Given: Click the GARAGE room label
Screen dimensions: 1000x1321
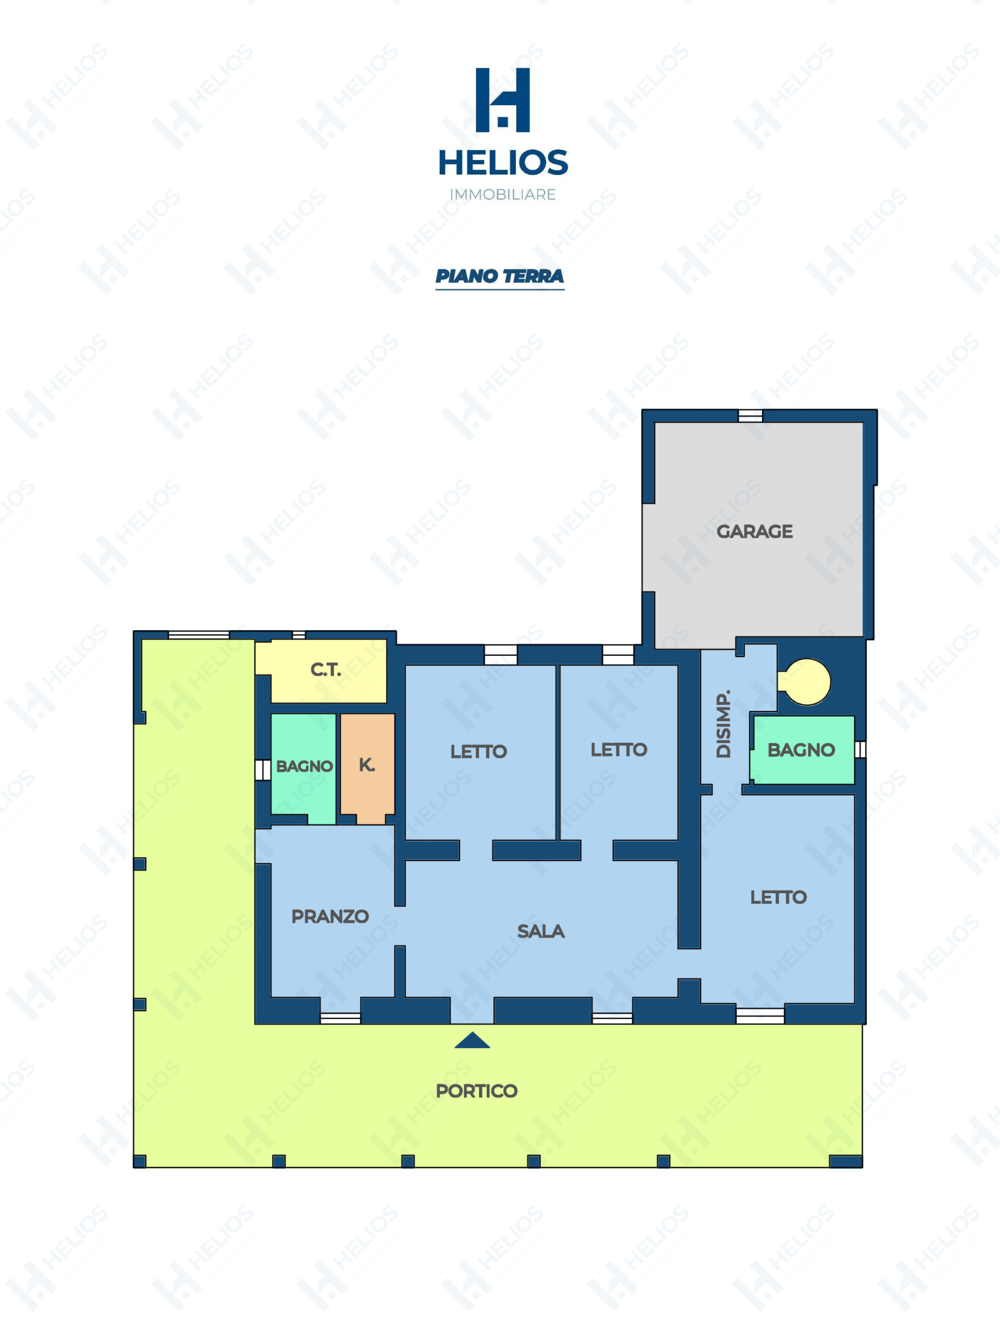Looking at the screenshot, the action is pos(754,531).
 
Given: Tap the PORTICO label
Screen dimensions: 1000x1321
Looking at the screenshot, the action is pos(477,1091).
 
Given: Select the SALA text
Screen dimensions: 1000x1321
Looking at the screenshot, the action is pos(541,931).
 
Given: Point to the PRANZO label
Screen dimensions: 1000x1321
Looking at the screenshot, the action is pos(330,916).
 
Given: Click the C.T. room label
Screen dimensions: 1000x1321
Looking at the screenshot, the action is pos(326,669).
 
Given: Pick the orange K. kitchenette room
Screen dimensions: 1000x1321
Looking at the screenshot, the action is pos(368,768).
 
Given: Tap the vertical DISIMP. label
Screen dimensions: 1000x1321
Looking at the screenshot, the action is pos(723,724).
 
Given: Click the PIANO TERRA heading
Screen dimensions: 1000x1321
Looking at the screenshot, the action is pos(499,276).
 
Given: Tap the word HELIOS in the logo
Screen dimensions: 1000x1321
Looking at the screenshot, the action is pos(503,163).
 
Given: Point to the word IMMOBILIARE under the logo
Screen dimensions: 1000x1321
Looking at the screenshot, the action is pos(502,194).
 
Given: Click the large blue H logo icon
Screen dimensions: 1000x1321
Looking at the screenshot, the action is pos(502,100).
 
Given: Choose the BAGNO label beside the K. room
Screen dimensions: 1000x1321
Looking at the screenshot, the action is pos(304,766).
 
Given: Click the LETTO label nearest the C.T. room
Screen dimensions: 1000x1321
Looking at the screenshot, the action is pos(479,751).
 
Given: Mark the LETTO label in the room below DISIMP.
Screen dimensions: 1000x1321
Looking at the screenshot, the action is pos(779,897).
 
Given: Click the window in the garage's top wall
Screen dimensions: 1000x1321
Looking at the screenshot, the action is pos(750,415).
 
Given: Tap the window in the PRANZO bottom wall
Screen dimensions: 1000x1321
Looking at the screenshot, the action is pos(341,1018).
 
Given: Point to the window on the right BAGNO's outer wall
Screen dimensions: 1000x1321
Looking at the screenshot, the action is pos(860,749).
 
